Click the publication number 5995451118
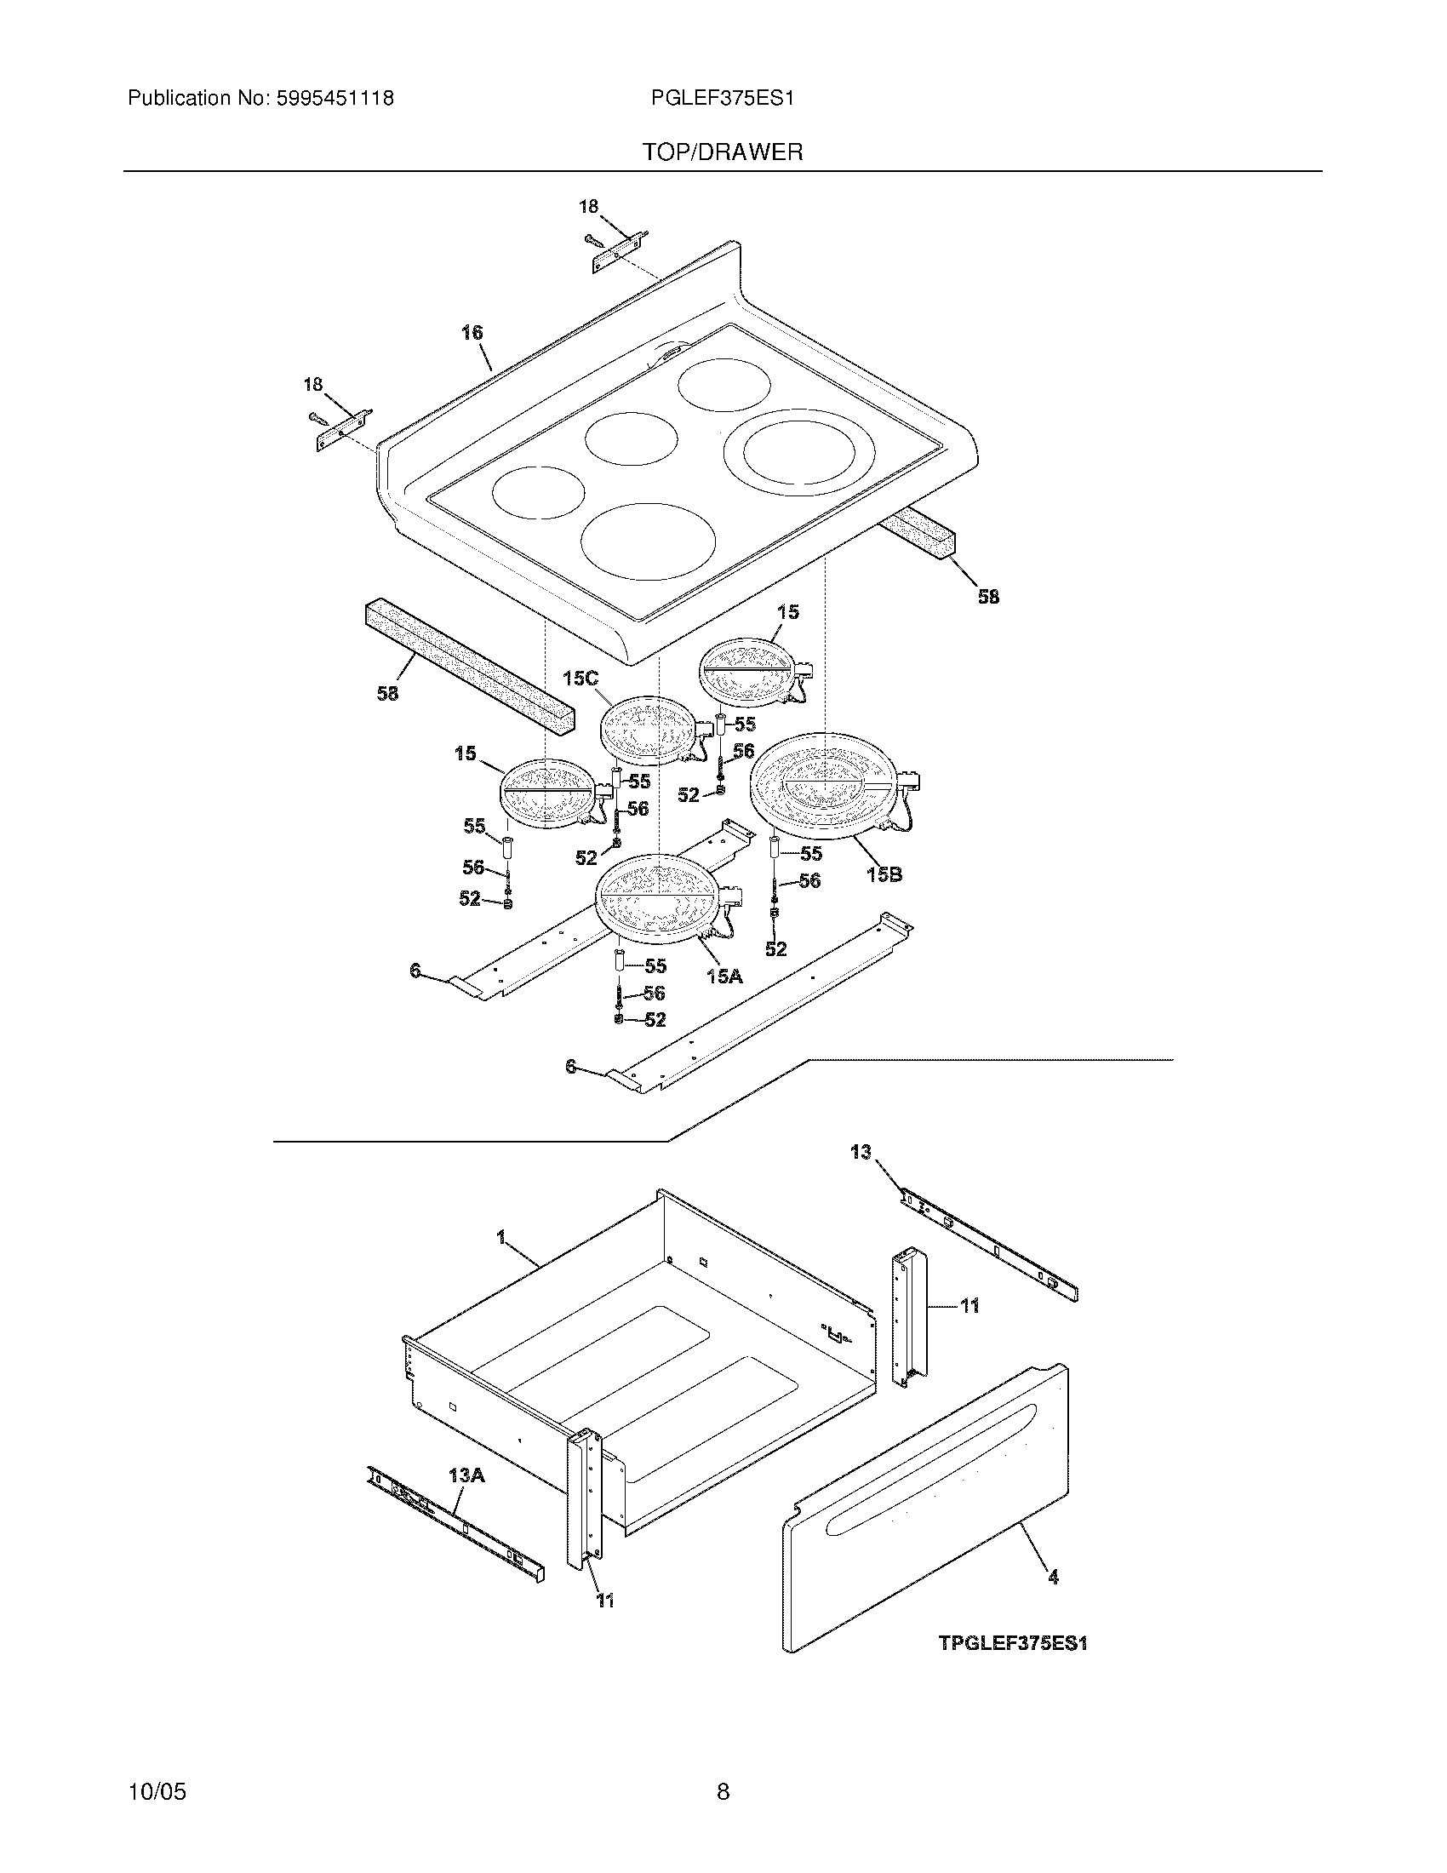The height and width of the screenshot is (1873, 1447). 334,99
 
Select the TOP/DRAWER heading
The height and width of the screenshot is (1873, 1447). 723,152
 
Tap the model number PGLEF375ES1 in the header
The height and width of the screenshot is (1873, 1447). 723,99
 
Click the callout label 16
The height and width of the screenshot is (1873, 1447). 472,333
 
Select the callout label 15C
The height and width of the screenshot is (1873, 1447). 581,679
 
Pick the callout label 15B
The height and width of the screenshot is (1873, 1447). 884,874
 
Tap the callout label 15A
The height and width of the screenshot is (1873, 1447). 724,975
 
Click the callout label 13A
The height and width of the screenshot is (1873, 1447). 466,1475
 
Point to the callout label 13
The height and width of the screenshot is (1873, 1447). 861,1152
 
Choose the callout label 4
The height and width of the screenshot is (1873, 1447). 1053,1576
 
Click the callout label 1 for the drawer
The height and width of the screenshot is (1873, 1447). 500,1238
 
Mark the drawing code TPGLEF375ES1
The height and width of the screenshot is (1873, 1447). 1012,1643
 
